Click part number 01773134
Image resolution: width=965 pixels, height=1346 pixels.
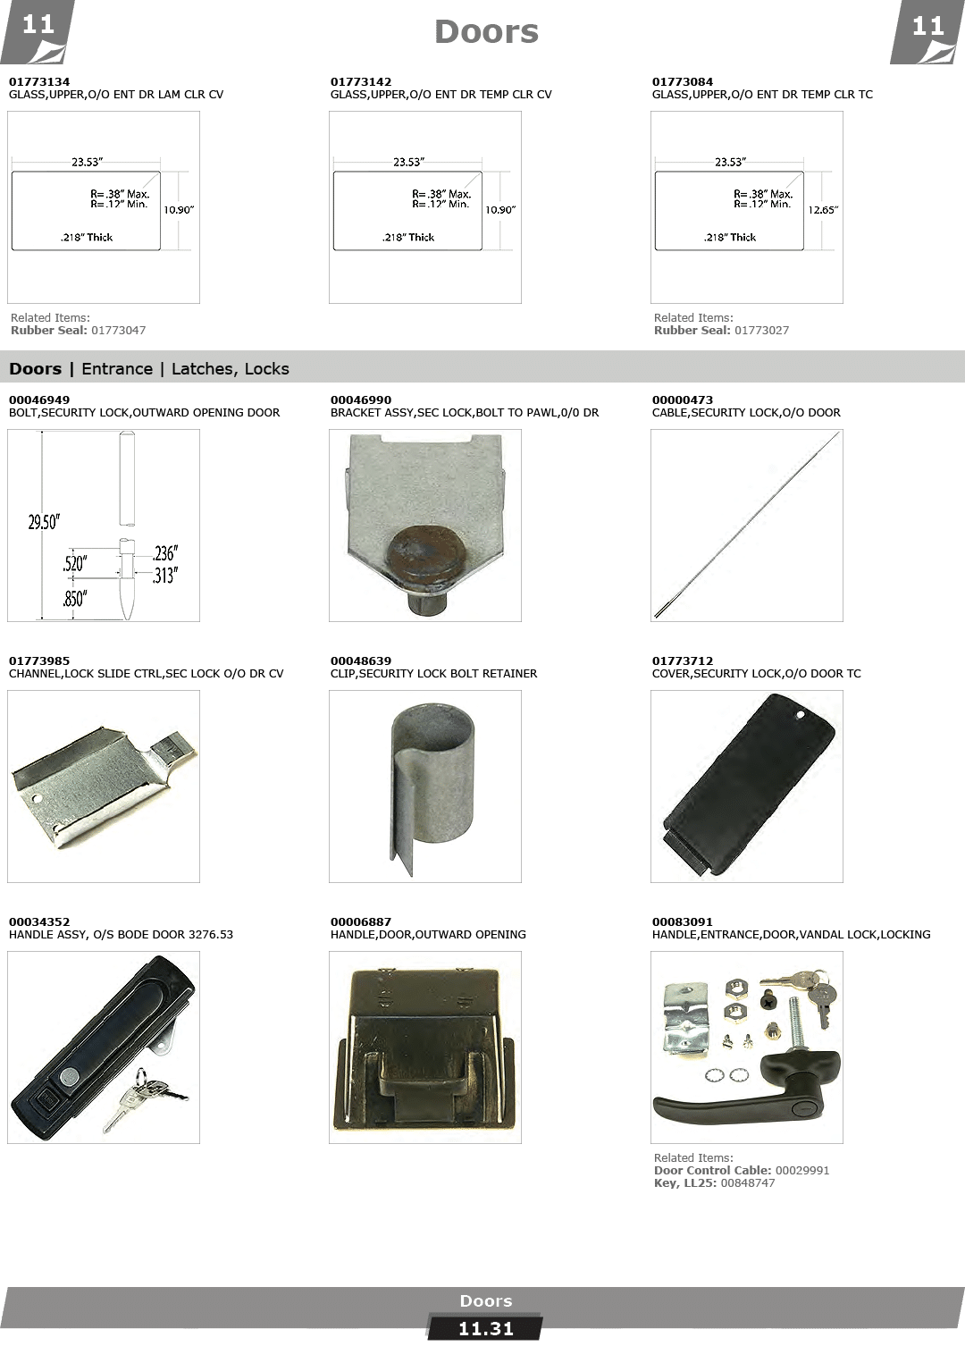pyautogui.click(x=39, y=82)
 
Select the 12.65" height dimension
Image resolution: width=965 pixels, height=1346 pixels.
pyautogui.click(x=822, y=211)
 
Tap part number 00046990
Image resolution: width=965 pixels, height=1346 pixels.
pyautogui.click(x=361, y=400)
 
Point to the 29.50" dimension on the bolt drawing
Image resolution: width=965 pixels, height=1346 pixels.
pyautogui.click(x=43, y=523)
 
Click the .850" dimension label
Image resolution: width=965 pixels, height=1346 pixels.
pyautogui.click(x=74, y=599)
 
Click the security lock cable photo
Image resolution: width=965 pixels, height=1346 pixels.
pyautogui.click(x=747, y=525)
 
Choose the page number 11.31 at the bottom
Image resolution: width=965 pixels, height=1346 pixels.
pyautogui.click(x=485, y=1329)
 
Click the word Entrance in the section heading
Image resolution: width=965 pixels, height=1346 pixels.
pyautogui.click(x=117, y=369)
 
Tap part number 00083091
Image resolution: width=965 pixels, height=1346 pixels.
pyautogui.click(x=683, y=922)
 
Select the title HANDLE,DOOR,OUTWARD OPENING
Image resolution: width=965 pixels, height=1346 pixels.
pyautogui.click(x=428, y=935)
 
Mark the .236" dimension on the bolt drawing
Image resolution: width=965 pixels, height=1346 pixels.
pyautogui.click(x=164, y=554)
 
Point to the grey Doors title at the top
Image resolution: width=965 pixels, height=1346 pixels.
pyautogui.click(x=486, y=33)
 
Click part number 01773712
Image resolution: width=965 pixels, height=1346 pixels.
pyautogui.click(x=683, y=661)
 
